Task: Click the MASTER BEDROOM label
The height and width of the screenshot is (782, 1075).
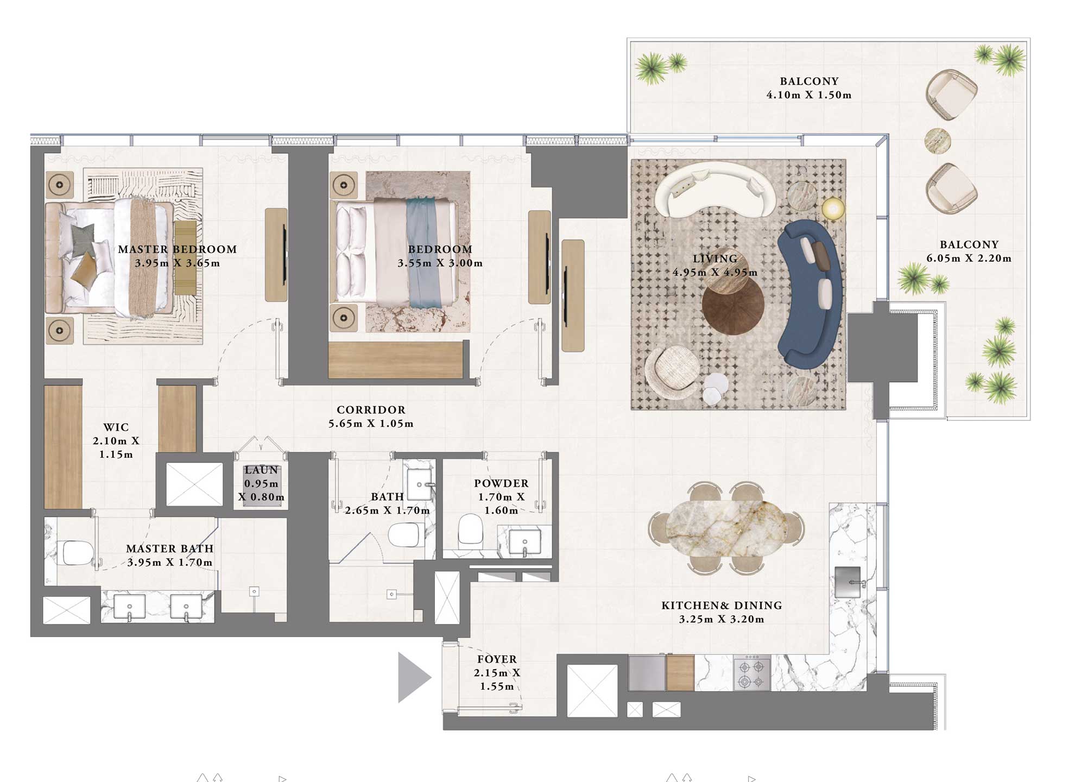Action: pos(178,249)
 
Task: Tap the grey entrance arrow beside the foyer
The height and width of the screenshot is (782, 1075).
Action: pos(413,677)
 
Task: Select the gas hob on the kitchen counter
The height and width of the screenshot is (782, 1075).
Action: pos(752,674)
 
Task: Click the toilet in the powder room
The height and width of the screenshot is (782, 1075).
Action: pos(470,529)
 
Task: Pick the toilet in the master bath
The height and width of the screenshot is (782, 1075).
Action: pos(78,552)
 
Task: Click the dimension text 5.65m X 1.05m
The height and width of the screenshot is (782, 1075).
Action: pos(371,424)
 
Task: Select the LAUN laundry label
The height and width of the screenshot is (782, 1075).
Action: pos(261,470)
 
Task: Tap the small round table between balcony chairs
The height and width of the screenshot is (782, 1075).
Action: pos(937,141)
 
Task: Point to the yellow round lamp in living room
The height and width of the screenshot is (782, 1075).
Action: pos(833,209)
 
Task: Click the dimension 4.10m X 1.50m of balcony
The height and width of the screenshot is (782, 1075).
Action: pos(808,95)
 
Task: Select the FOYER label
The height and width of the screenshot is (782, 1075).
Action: pos(497,659)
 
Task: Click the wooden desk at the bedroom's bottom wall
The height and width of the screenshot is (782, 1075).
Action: pos(395,360)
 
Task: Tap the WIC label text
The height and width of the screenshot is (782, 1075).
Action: pos(116,427)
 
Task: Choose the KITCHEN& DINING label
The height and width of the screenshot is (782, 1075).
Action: pos(722,606)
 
